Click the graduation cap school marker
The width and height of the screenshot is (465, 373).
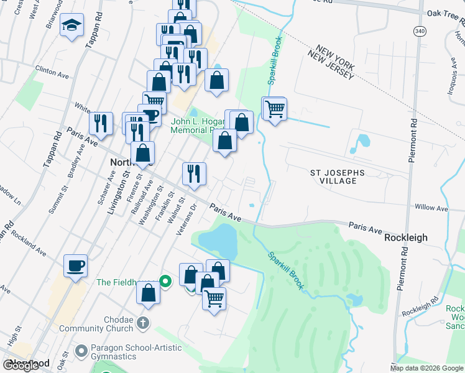point(72,26)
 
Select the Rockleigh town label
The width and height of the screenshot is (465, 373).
point(407,238)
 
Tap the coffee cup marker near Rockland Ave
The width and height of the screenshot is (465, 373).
point(75,265)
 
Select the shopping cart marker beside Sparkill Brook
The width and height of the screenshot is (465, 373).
point(274,109)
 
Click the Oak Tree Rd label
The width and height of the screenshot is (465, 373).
point(446,13)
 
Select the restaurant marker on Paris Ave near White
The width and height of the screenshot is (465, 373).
point(100,124)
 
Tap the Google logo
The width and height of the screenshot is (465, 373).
point(21,366)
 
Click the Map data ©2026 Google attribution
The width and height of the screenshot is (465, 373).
point(427,368)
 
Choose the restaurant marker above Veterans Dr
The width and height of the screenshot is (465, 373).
point(194,175)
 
